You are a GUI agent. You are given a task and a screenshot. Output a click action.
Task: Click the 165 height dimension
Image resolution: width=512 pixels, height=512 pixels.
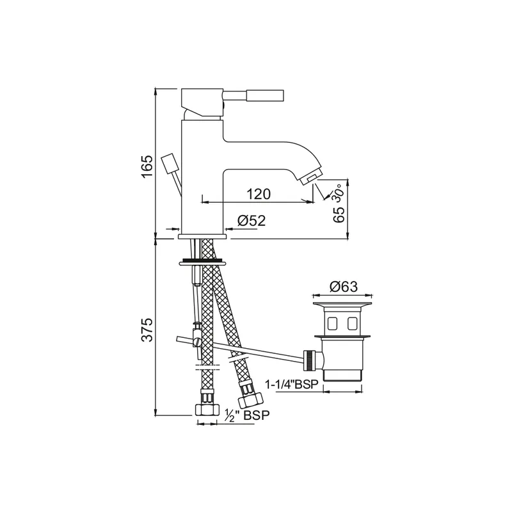pyautogui.click(x=147, y=166)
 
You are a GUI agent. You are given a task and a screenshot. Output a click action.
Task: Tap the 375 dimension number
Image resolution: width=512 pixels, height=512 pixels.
pyautogui.click(x=147, y=329)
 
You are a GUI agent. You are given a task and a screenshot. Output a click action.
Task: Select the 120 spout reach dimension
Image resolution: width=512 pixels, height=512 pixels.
pyautogui.click(x=259, y=194)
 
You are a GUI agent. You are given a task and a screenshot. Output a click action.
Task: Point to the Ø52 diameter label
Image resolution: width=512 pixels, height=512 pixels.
pyautogui.click(x=252, y=221)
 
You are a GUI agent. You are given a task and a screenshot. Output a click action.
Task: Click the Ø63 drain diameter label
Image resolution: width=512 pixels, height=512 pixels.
pyautogui.click(x=344, y=287)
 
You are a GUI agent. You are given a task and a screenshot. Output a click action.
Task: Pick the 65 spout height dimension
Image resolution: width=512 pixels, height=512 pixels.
pyautogui.click(x=339, y=214)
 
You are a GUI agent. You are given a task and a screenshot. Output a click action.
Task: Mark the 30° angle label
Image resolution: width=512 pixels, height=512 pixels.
pyautogui.click(x=337, y=193)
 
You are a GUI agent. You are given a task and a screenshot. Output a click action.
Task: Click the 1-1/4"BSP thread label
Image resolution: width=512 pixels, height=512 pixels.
pyautogui.click(x=291, y=385)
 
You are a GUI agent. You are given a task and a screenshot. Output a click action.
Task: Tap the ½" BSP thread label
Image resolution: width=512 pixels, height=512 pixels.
pyautogui.click(x=247, y=415)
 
